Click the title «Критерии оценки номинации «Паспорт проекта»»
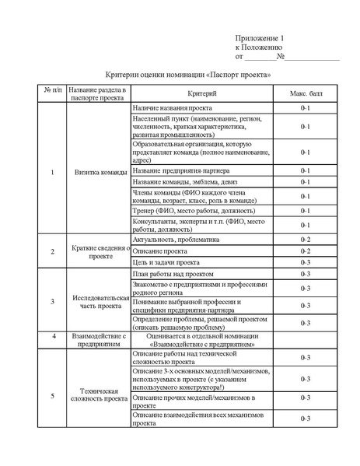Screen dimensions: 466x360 point(187,75)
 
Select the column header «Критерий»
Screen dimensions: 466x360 point(201,93)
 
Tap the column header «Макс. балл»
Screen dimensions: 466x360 point(306,93)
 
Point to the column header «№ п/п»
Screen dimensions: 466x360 point(52,93)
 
